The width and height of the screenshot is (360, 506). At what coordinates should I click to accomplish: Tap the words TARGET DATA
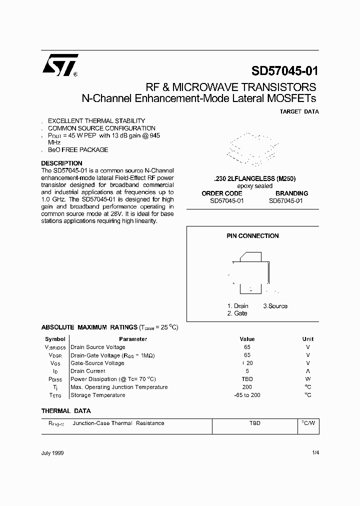pyautogui.click(x=299, y=111)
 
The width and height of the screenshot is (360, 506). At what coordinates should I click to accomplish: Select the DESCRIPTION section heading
pyautogui.click(x=61, y=163)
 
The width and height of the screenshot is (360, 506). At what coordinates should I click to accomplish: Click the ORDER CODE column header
pyautogui.click(x=222, y=193)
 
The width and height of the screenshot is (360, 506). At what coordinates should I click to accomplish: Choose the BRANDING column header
pyautogui.click(x=291, y=193)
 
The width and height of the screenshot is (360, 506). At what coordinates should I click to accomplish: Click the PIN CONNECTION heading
pyautogui.click(x=252, y=236)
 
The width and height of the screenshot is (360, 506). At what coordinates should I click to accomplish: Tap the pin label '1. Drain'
pyautogui.click(x=237, y=306)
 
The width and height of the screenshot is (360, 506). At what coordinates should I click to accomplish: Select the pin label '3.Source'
pyautogui.click(x=275, y=306)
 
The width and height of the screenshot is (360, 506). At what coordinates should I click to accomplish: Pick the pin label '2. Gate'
pyautogui.click(x=237, y=313)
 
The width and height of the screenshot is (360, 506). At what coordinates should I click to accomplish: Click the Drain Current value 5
pyautogui.click(x=247, y=371)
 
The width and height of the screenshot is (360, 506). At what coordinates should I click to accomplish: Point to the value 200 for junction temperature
pyautogui.click(x=247, y=387)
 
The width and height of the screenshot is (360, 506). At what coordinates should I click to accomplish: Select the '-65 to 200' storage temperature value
pyautogui.click(x=247, y=395)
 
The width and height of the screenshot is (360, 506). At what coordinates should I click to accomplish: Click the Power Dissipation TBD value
pyautogui.click(x=247, y=379)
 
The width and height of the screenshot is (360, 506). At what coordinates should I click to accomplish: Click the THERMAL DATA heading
pyautogui.click(x=66, y=411)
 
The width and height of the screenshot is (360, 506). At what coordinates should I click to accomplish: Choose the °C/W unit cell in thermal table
pyautogui.click(x=308, y=423)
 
